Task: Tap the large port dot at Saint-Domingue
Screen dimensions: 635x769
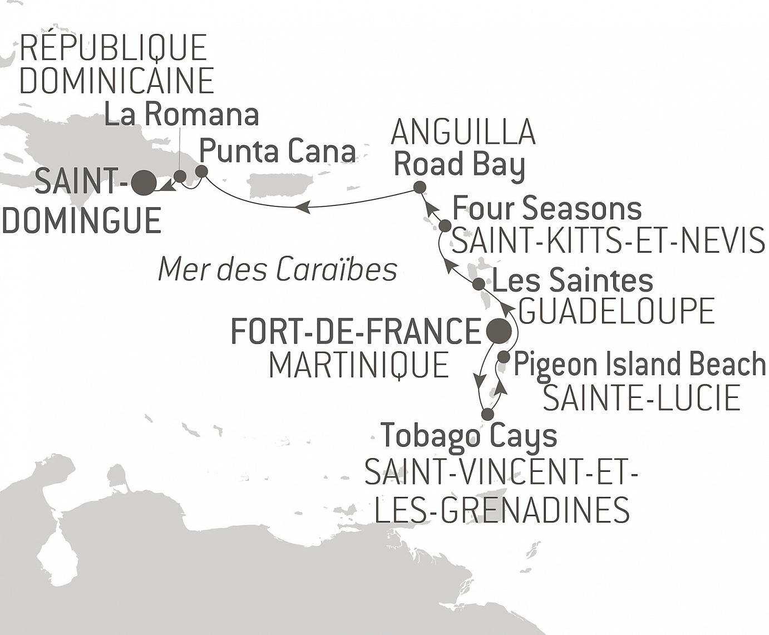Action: point(144,183)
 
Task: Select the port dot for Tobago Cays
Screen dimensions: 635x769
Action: point(487,414)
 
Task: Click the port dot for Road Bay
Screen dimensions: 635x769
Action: point(420,187)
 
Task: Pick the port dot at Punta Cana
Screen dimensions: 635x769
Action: point(201,171)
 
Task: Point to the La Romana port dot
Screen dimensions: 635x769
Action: point(180,176)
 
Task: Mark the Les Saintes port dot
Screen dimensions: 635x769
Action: point(479,284)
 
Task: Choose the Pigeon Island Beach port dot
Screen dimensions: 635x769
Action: point(503,357)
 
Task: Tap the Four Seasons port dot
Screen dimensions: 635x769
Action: point(445,226)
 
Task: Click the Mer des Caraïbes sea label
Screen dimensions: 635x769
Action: point(278,269)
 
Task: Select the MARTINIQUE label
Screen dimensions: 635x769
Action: point(359,366)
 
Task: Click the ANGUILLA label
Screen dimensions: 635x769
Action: point(464,132)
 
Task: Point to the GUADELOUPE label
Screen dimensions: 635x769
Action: point(617,311)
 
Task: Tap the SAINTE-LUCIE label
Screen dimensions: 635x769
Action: point(641,398)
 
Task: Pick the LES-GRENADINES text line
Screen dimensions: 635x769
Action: point(502,509)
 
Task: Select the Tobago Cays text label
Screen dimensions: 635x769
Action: point(469,436)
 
